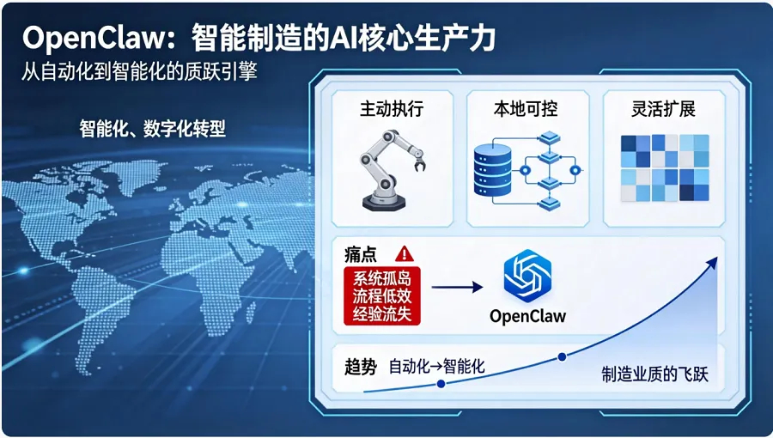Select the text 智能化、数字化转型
click(x=153, y=129)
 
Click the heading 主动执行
click(x=392, y=109)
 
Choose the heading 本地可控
click(x=526, y=109)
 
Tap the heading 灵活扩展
click(x=662, y=109)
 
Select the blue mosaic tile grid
click(x=664, y=167)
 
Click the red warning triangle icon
click(x=405, y=253)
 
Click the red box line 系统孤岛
click(x=382, y=277)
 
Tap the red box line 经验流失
click(x=382, y=313)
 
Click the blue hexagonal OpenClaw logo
click(x=527, y=277)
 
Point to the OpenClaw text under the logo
click(x=527, y=315)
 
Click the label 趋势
click(x=361, y=367)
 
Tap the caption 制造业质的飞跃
click(x=654, y=374)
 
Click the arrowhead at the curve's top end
click(x=713, y=261)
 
